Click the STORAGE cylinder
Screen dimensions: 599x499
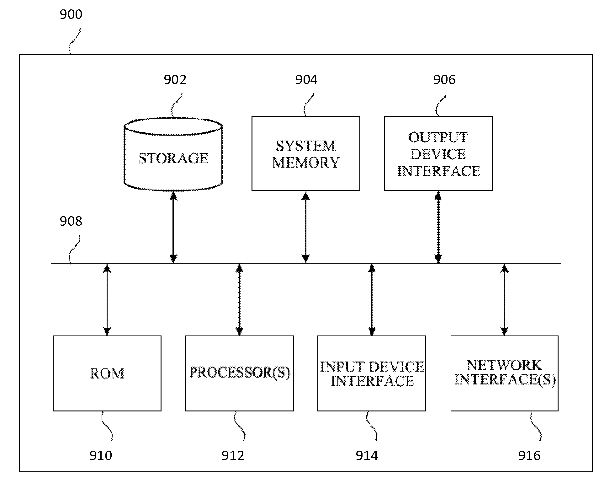point(173,154)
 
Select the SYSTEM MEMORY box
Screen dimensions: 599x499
point(306,153)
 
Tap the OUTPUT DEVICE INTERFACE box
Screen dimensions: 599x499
point(438,153)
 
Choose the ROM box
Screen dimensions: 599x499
point(107,373)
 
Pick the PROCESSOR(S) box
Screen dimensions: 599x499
point(239,373)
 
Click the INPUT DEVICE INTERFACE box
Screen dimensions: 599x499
point(372,373)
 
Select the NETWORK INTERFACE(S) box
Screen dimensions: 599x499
point(504,373)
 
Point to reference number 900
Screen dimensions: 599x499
point(71,14)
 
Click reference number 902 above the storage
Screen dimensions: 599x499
point(175,80)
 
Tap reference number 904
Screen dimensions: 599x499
point(306,80)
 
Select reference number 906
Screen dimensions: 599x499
point(444,80)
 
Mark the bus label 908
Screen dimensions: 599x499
point(71,221)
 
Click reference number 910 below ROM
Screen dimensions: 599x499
point(101,455)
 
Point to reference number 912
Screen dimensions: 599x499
point(233,455)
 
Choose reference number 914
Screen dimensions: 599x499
point(367,455)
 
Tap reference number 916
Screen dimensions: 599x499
point(529,455)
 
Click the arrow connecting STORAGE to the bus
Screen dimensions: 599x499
point(173,227)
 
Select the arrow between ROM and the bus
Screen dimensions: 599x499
point(107,299)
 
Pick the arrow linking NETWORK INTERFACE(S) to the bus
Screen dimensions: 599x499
point(504,299)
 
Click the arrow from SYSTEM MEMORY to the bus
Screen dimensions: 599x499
point(306,227)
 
